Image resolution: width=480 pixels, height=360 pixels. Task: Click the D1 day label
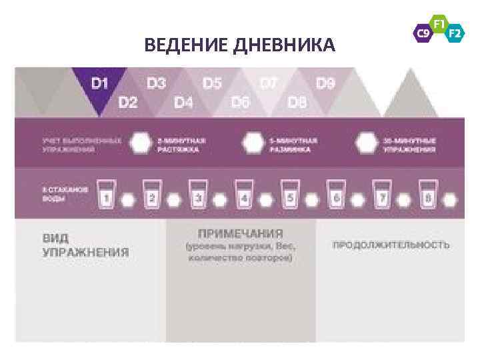coord(100,84)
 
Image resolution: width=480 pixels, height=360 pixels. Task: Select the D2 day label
coord(128,103)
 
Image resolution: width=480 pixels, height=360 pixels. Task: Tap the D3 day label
coord(156,84)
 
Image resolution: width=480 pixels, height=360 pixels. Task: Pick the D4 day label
coord(184,103)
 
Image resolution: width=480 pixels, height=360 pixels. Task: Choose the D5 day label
coord(212,84)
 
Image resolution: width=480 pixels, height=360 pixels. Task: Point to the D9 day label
coord(325,84)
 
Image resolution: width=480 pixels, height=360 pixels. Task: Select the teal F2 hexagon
coord(455,31)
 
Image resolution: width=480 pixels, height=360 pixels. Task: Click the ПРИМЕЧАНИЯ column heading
coord(240,234)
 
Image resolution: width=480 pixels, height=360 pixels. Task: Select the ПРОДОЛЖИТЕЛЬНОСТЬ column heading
coord(391,245)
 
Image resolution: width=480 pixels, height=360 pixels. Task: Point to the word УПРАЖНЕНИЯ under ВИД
coord(85,253)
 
